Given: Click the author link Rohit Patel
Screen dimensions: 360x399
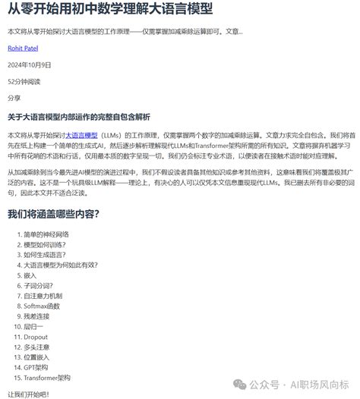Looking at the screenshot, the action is tap(23, 48).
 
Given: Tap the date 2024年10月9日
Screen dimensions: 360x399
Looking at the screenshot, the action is tap(29, 64).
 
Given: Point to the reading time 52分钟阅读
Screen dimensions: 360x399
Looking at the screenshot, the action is tap(24, 81).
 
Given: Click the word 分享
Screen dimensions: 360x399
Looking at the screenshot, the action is tap(14, 98).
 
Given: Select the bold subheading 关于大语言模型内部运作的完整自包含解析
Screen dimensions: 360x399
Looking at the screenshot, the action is tap(79, 118).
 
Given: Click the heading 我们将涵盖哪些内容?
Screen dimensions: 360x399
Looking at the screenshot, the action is tap(53, 214).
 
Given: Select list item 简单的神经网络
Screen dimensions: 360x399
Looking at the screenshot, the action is tap(46, 234).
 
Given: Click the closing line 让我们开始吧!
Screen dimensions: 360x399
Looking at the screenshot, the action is tap(27, 394).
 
